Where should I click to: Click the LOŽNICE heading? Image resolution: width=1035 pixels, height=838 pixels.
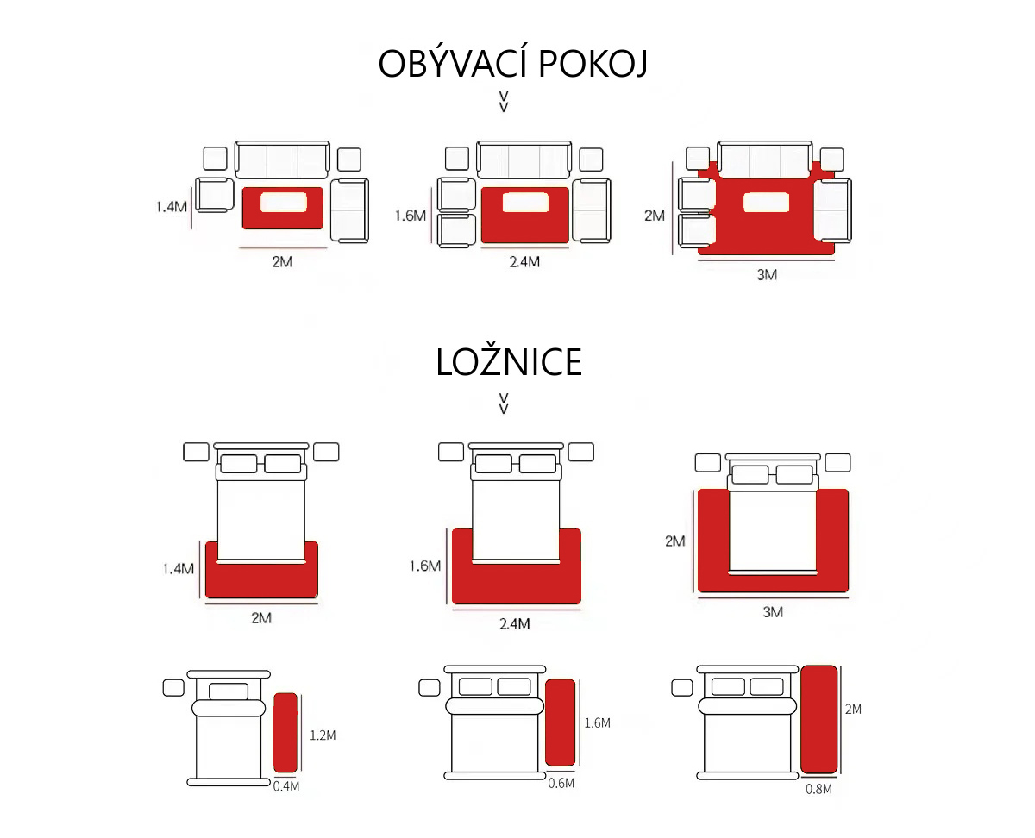(x=509, y=363)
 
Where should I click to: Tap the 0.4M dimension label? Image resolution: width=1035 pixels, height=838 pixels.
(x=286, y=785)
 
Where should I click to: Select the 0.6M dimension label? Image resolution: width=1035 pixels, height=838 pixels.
(x=561, y=782)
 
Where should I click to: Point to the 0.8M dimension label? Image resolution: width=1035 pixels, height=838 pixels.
(x=819, y=788)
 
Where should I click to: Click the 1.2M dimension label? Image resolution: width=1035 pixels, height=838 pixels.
(x=323, y=735)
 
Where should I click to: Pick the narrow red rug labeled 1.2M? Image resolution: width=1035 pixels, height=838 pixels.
(x=285, y=732)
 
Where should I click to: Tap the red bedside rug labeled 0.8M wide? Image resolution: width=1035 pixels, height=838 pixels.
(x=819, y=719)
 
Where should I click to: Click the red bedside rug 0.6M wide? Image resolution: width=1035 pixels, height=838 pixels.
(x=560, y=722)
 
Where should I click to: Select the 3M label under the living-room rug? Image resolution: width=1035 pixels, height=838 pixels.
(x=767, y=276)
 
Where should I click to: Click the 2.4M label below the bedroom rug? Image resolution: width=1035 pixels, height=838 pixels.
(x=514, y=623)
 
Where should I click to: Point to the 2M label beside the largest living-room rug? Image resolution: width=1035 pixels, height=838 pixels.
(x=655, y=216)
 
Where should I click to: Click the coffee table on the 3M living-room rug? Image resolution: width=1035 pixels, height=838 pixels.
(x=766, y=203)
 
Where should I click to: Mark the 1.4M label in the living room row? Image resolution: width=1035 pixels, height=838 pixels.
(x=171, y=207)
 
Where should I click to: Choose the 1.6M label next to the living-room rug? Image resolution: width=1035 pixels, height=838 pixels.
(x=411, y=216)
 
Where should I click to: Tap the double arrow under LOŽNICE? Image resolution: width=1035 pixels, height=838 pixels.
(x=504, y=403)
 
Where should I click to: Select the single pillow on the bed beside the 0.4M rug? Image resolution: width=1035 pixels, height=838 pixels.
(x=229, y=691)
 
